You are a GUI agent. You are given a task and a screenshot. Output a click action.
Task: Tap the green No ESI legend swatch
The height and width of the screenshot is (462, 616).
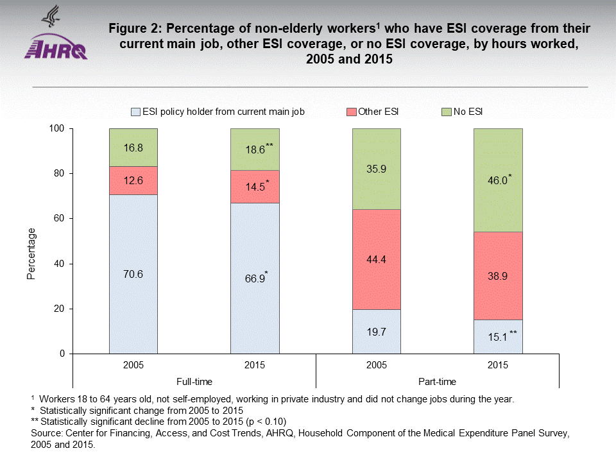point(447,112)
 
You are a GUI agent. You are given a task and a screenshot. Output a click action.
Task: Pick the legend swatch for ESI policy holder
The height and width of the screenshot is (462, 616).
point(135,112)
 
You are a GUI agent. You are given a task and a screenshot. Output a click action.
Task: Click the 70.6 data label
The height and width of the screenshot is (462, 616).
point(133,274)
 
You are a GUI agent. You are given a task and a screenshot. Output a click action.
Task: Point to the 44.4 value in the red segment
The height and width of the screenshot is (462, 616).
point(376,260)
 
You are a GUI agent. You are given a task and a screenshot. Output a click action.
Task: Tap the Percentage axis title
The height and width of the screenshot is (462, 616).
point(31,254)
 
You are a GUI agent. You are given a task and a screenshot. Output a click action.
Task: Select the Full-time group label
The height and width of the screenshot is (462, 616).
point(194,381)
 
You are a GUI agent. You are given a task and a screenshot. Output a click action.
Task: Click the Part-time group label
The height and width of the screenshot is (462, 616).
point(436,381)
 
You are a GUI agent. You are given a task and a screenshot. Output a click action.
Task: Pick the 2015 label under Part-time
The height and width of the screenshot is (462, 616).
point(497,365)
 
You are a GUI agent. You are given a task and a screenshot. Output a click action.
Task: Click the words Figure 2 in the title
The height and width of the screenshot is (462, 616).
point(137,30)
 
